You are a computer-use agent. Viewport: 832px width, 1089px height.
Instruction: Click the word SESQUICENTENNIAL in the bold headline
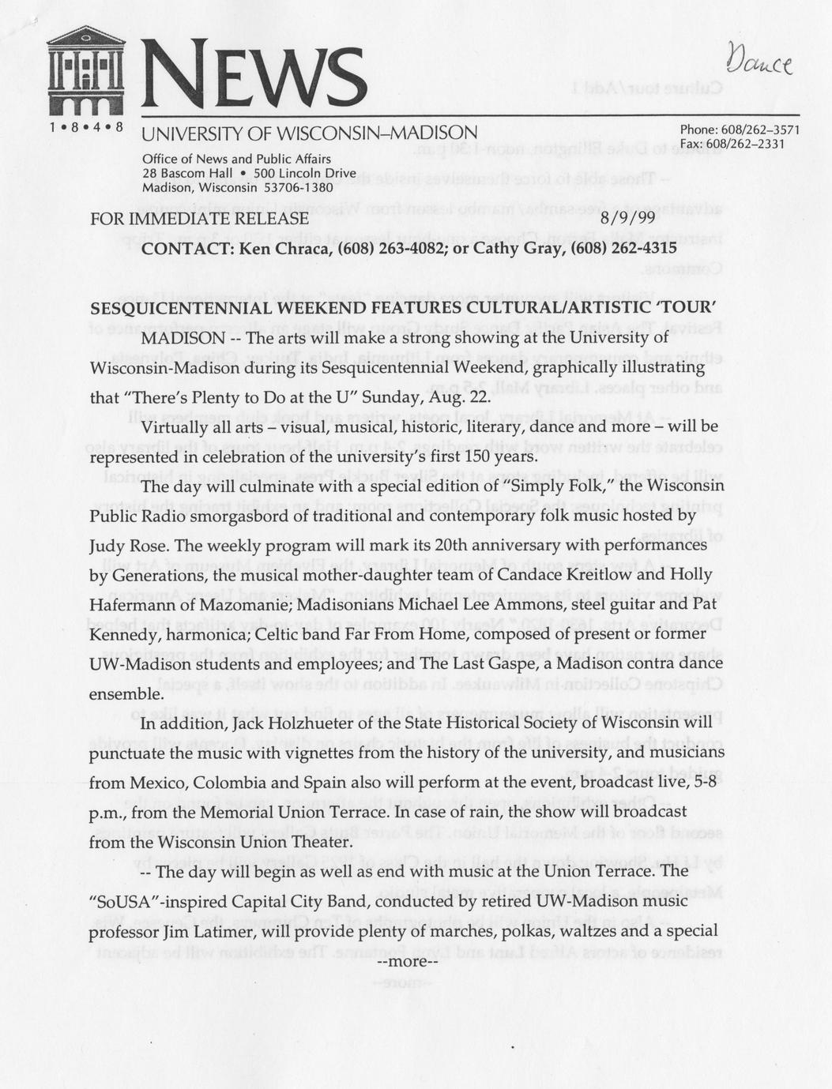tap(187, 308)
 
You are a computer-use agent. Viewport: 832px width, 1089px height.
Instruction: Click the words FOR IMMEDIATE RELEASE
tap(199, 218)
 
